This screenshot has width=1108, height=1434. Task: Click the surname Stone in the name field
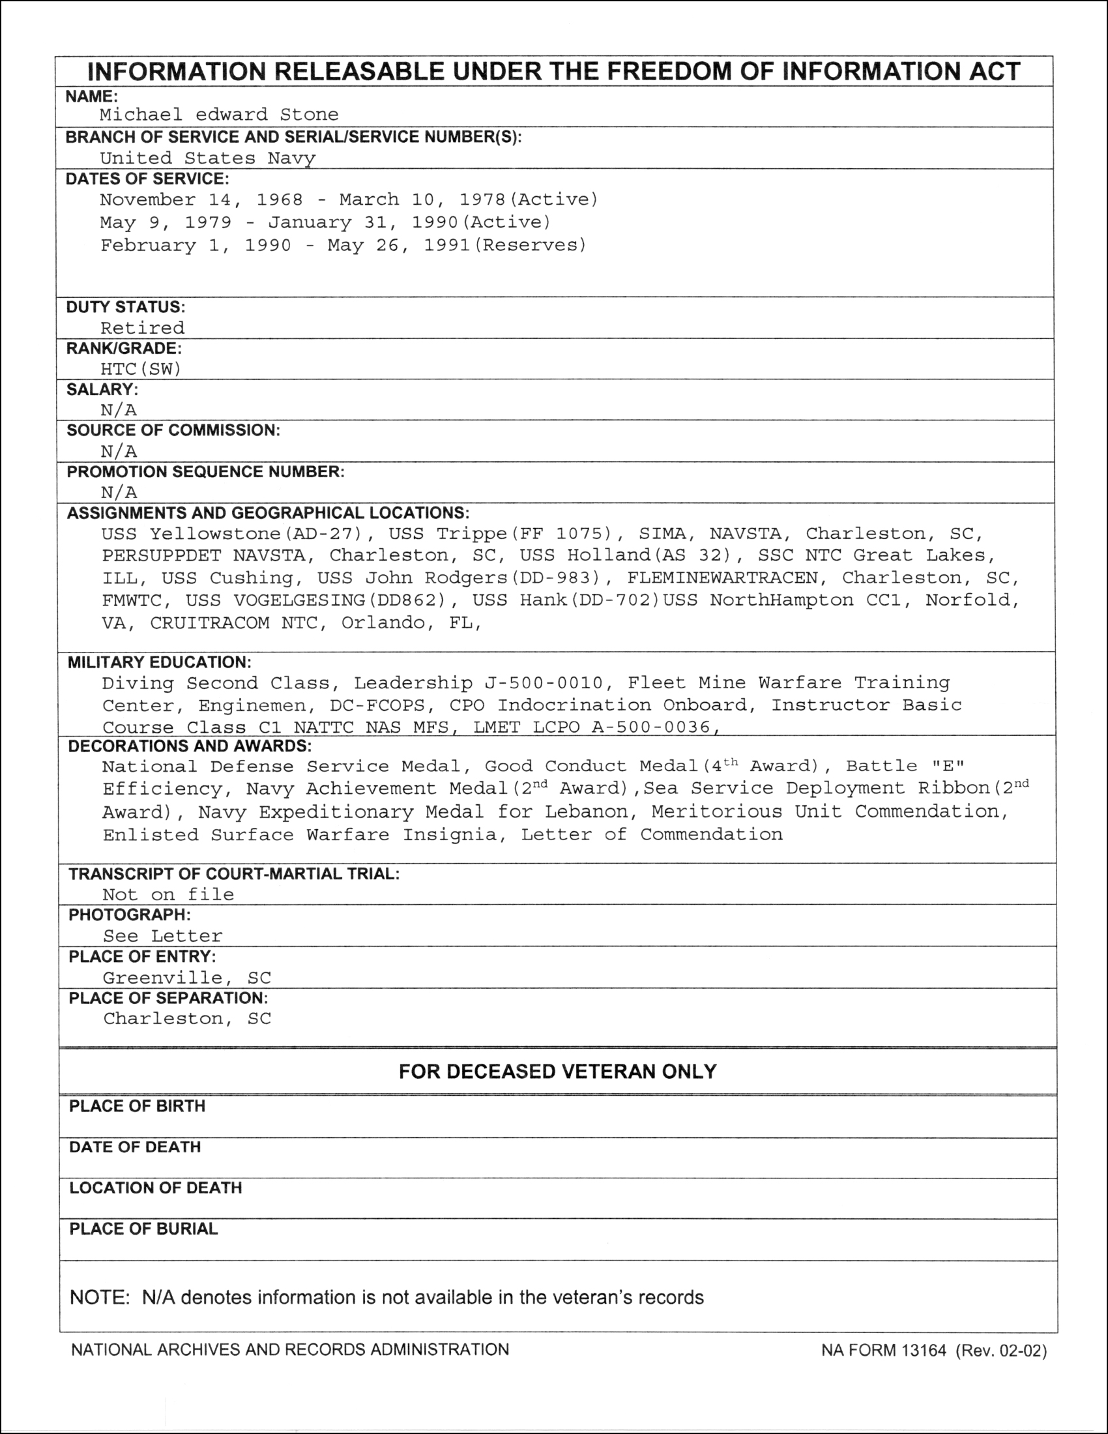pos(309,115)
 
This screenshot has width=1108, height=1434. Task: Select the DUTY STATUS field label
pos(125,307)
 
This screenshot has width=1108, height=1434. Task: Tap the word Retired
pos(143,328)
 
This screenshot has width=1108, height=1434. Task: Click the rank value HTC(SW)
pos(141,369)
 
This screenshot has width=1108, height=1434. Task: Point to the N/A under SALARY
pos(119,411)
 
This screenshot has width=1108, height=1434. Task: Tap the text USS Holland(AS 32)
pos(626,555)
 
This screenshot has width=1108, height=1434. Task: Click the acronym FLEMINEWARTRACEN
pos(723,578)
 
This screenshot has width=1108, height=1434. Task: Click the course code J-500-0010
pos(544,684)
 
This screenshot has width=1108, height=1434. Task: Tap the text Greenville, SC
pos(187,978)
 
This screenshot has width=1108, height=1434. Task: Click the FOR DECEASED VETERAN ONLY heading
pos(557,1072)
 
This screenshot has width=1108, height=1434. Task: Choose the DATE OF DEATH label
pos(134,1147)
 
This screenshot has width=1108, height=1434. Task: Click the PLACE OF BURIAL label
pos(143,1229)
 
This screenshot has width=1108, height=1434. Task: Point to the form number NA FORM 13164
pos(884,1351)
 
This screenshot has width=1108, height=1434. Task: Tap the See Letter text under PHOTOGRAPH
pos(163,936)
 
